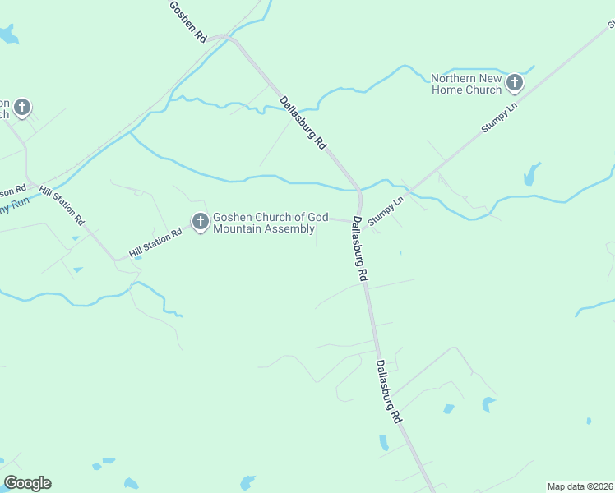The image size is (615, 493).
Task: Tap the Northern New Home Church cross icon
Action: tap(515, 82)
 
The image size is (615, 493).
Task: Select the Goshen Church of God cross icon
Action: tap(200, 221)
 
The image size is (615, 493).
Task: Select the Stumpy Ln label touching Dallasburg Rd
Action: tap(387, 211)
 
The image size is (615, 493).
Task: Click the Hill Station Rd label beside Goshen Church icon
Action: tap(155, 242)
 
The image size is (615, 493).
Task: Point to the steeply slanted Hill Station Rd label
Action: tap(62, 206)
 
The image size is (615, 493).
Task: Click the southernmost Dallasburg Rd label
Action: tap(388, 391)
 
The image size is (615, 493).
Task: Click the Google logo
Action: tap(27, 483)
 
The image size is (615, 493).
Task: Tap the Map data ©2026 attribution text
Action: tap(579, 486)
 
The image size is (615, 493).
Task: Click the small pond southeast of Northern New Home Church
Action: tap(531, 174)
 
